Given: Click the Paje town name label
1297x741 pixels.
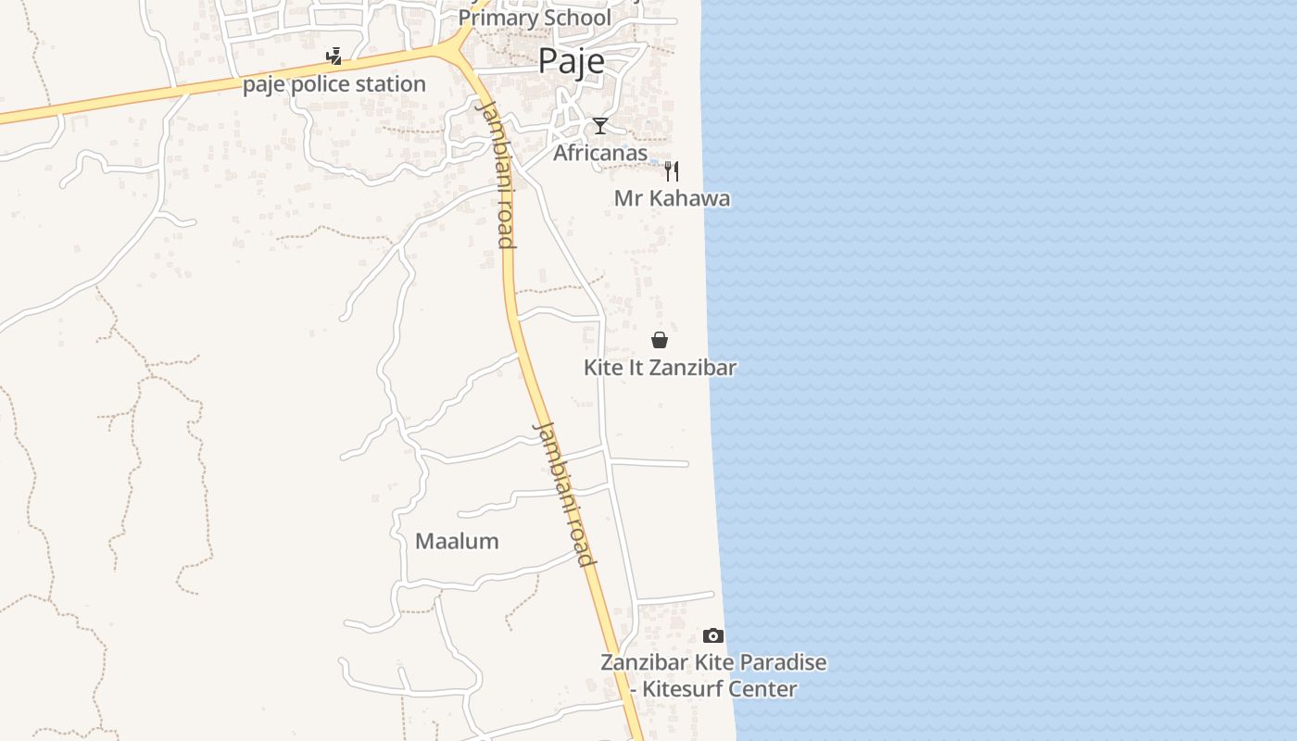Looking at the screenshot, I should tap(571, 60).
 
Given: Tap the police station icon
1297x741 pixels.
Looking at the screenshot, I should tap(334, 57).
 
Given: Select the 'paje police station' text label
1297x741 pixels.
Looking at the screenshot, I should tap(334, 84).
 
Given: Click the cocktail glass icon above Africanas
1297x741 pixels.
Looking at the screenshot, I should tap(600, 126).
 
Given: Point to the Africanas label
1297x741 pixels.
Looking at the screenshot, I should tap(600, 153).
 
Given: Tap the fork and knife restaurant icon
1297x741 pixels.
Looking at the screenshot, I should tap(672, 171).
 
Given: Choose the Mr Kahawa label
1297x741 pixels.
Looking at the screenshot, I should tap(672, 198).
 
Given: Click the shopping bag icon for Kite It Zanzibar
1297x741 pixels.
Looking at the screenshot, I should tap(660, 340).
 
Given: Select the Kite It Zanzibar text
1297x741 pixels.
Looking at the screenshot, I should tap(660, 368).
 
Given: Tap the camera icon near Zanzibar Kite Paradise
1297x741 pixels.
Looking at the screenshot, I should tap(712, 635).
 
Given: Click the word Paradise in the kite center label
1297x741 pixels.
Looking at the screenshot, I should tap(781, 663).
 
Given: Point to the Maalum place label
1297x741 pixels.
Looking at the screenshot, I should tap(457, 541).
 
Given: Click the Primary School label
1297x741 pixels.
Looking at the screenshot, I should tap(535, 18).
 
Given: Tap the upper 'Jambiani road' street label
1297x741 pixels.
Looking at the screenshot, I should tap(495, 174).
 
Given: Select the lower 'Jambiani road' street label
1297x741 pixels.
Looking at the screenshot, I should tap(562, 494).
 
